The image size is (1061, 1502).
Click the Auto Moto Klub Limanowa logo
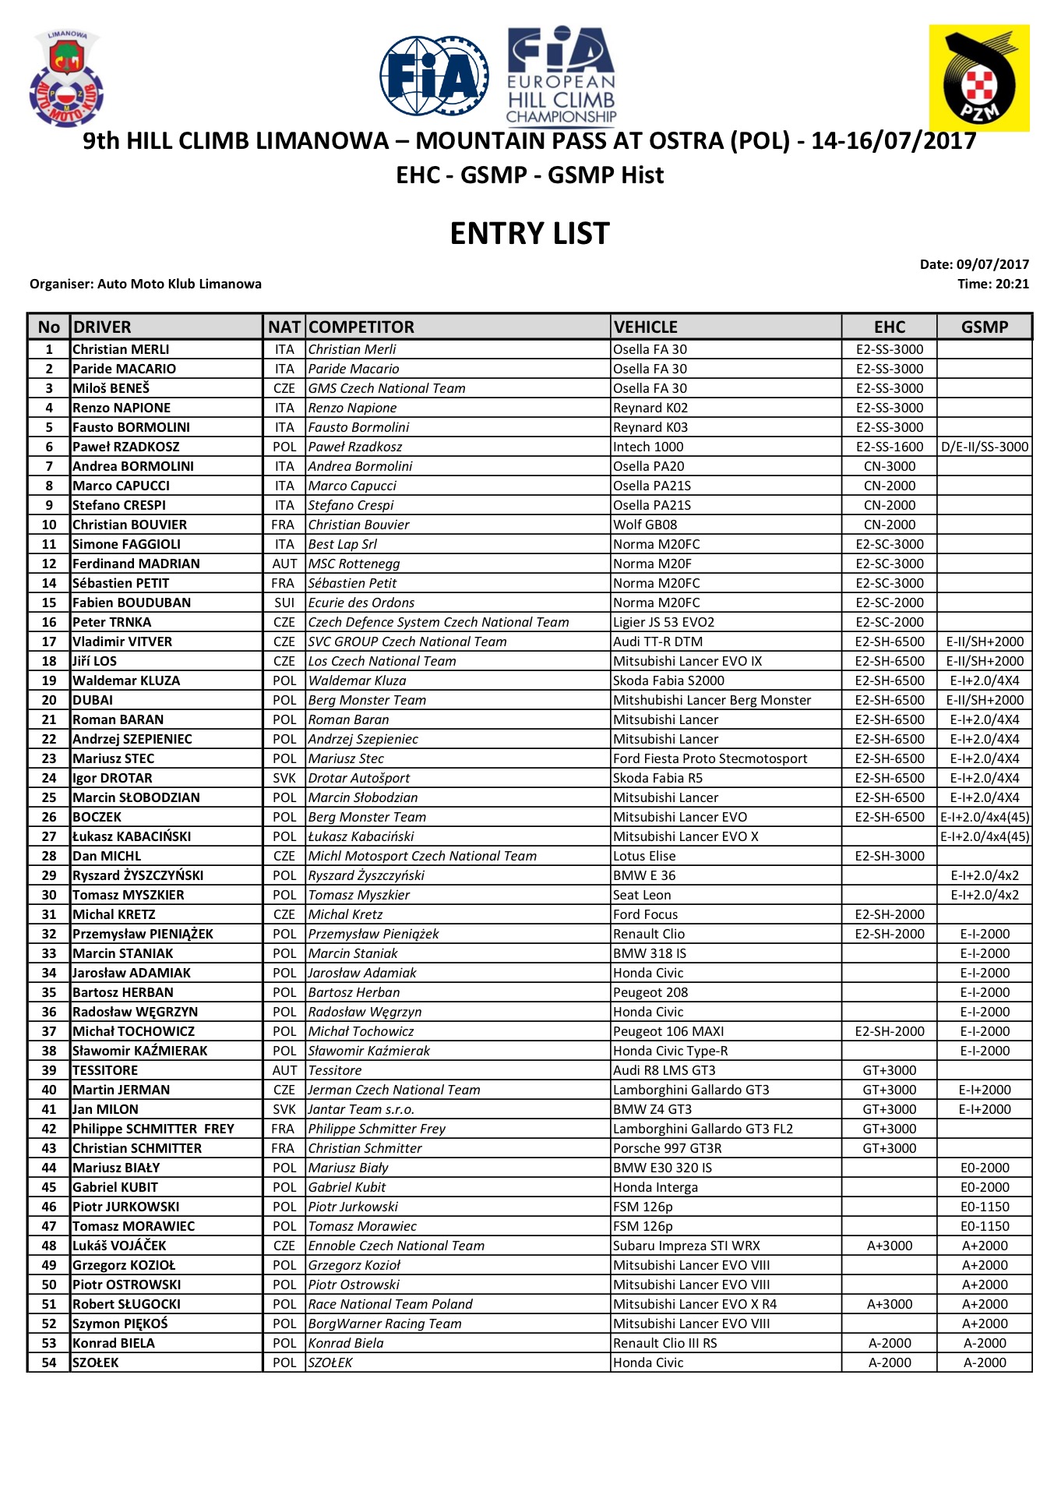pos(66,79)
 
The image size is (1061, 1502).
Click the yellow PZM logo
pos(978,79)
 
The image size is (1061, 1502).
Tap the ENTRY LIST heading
pos(530,234)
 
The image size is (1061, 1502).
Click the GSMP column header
pos(984,327)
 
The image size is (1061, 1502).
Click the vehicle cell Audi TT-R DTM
pos(657,641)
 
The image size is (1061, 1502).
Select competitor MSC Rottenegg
pos(354,564)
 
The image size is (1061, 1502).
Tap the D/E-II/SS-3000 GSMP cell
pos(985,447)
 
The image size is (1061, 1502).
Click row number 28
pos(49,856)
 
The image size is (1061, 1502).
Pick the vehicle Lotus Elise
pos(644,856)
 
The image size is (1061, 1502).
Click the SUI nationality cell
pos(284,603)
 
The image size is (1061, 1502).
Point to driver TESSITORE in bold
pos(105,1070)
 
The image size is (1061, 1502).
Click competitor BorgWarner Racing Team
pos(385,1324)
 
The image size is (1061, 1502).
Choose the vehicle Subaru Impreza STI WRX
pos(686,1246)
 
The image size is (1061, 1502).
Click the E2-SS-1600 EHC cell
pos(890,447)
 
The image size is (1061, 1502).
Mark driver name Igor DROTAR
pos(112,778)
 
